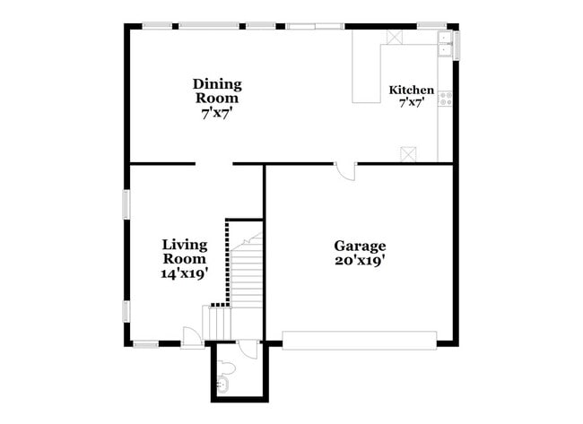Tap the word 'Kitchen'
[x=411, y=91]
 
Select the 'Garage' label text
[x=360, y=246]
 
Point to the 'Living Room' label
[x=185, y=251]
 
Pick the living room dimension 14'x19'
[x=185, y=273]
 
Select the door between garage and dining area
[x=344, y=171]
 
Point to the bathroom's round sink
[x=222, y=386]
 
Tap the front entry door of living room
[x=191, y=336]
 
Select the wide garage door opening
[x=360, y=339]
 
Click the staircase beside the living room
[x=242, y=269]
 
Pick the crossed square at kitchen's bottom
[x=408, y=153]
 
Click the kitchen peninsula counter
[x=365, y=72]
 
